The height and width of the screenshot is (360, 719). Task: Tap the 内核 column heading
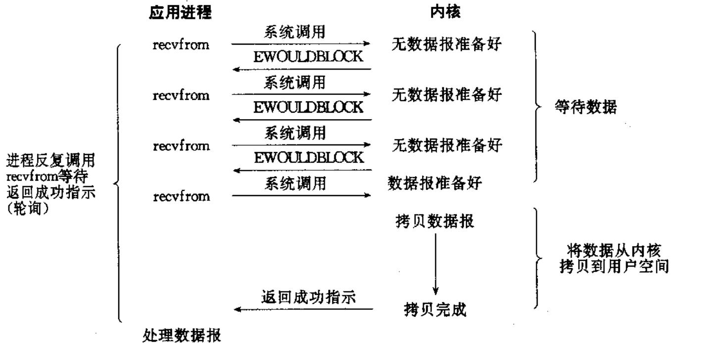[445, 13]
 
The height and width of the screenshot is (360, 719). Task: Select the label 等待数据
[585, 107]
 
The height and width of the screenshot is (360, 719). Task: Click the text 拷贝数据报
[434, 220]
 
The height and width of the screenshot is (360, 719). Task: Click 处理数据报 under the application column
[182, 337]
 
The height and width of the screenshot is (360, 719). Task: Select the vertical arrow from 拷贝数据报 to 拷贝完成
[435, 263]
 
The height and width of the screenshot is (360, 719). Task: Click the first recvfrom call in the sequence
[181, 45]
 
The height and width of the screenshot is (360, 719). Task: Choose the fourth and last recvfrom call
[181, 197]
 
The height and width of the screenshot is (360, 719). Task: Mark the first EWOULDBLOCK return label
[308, 57]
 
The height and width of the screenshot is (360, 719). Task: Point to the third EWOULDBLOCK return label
[308, 158]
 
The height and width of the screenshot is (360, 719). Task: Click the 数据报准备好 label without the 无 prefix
[434, 183]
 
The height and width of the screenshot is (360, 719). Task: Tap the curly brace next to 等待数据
[536, 107]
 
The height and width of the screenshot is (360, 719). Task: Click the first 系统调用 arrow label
[294, 33]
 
